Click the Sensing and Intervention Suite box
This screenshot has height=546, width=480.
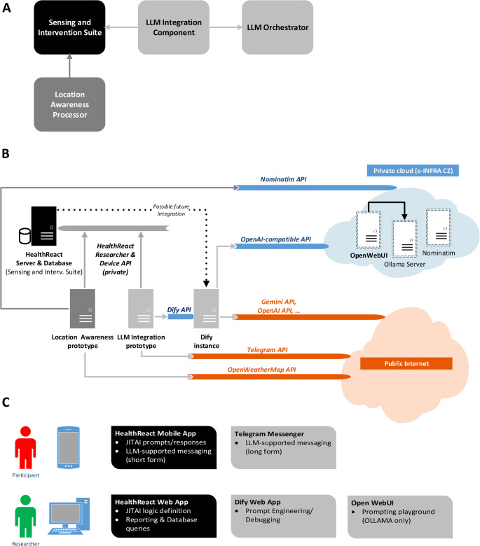(x=69, y=27)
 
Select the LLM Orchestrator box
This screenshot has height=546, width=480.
(x=277, y=27)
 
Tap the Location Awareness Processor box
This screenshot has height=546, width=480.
(x=69, y=104)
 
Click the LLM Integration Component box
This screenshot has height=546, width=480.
(x=174, y=27)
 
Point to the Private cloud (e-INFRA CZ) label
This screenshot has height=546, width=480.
(x=413, y=171)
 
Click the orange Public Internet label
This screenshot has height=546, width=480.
(x=406, y=363)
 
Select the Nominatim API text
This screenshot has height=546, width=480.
(x=283, y=179)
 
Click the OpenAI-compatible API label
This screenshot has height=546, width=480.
(x=275, y=239)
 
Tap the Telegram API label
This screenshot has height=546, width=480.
(x=268, y=349)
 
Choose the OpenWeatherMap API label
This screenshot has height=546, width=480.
(x=262, y=370)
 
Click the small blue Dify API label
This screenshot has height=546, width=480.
(x=179, y=309)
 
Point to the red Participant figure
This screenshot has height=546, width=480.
(x=25, y=447)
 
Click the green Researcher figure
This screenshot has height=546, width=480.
(x=25, y=517)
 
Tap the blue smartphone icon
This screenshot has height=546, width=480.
(x=69, y=447)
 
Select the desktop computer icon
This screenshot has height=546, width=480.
(x=69, y=516)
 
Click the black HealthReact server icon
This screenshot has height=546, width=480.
(x=43, y=226)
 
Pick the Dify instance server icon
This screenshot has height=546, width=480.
(x=206, y=309)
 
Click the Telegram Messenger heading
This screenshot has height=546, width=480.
(x=269, y=434)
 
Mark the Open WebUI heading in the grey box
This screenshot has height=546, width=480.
(x=372, y=503)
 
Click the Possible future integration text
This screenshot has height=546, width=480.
(x=171, y=210)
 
